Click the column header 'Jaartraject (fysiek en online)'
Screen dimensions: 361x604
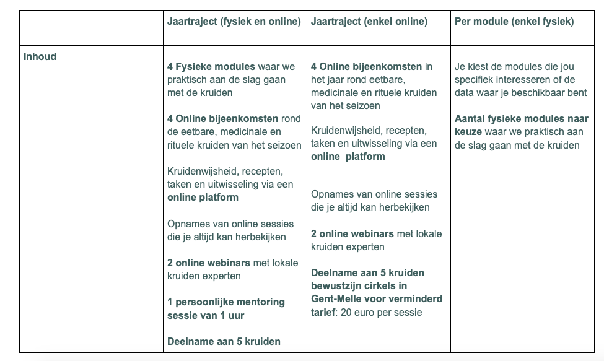click(x=234, y=22)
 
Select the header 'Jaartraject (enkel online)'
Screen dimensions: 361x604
click(x=369, y=22)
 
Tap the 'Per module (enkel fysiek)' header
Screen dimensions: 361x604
click(x=514, y=22)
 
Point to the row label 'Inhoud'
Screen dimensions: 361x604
click(x=40, y=57)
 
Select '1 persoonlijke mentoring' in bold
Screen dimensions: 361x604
click(x=226, y=302)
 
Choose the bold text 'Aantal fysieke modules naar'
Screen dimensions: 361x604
click(x=522, y=119)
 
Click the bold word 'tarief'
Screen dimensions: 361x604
click(x=324, y=312)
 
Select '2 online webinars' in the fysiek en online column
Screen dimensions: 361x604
click(x=209, y=263)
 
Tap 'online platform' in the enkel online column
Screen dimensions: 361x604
click(x=348, y=157)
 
